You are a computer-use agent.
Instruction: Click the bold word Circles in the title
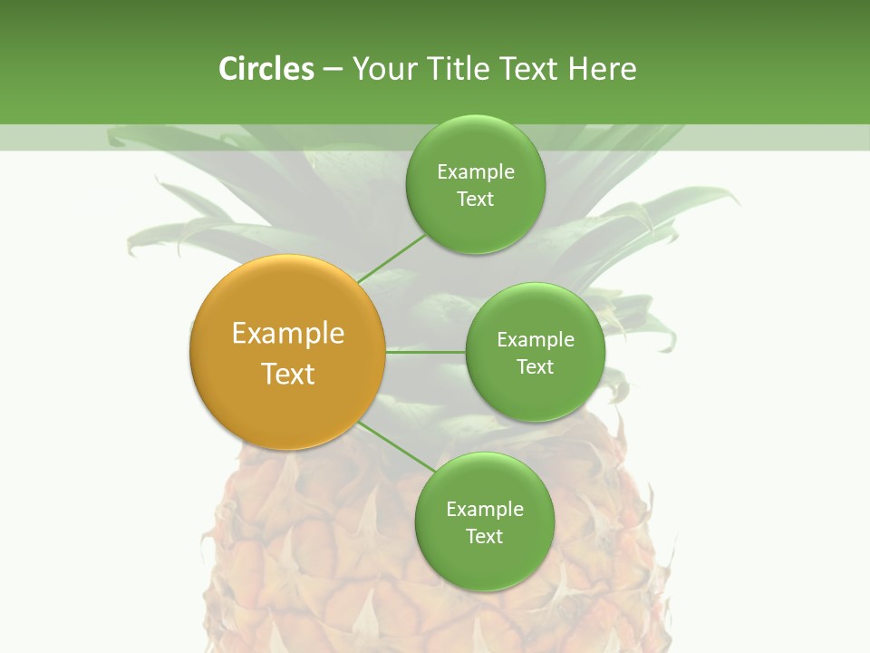[x=266, y=69]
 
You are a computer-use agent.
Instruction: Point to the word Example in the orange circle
[x=288, y=334]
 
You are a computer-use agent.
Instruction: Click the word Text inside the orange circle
[x=288, y=374]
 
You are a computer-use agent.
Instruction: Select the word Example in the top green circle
[x=476, y=172]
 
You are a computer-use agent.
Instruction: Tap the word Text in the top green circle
[x=475, y=200]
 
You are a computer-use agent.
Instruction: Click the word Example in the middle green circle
[x=536, y=340]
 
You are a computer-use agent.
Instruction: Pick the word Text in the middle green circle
[x=535, y=367]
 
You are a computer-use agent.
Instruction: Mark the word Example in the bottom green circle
[x=485, y=510]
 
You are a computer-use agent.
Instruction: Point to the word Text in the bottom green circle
[x=484, y=537]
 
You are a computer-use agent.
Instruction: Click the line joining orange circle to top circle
[x=391, y=258]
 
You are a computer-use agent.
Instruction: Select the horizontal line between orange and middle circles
[x=425, y=352]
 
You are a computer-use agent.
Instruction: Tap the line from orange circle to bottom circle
[x=396, y=446]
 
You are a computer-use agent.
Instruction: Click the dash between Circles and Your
[x=333, y=70]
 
